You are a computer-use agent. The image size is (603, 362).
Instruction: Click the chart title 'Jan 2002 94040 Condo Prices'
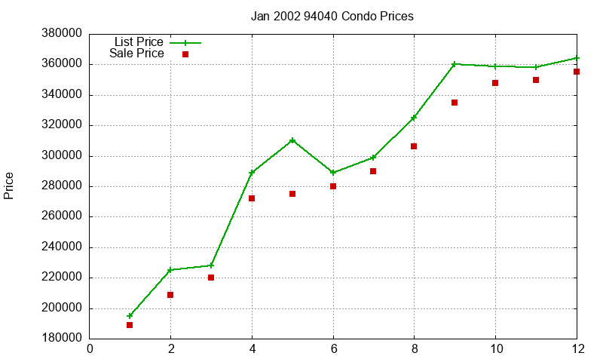click(x=332, y=16)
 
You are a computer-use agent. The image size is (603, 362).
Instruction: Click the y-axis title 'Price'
click(x=9, y=186)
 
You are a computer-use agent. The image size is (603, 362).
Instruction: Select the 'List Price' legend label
click(x=139, y=42)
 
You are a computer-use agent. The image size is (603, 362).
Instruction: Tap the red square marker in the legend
click(x=185, y=54)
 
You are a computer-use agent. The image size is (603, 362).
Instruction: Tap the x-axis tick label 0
click(x=90, y=349)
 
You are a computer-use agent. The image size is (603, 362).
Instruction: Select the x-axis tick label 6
click(x=333, y=349)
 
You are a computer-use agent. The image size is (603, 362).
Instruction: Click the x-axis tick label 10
click(x=495, y=349)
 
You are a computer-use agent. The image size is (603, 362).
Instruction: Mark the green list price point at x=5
click(x=292, y=140)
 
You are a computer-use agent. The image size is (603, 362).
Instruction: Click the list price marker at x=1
click(x=130, y=316)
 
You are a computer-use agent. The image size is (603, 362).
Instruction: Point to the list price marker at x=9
click(x=455, y=64)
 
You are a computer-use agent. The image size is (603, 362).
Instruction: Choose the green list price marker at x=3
click(x=211, y=265)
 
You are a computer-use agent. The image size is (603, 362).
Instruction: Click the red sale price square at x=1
click(x=130, y=325)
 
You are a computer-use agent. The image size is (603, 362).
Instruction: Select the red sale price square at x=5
click(x=292, y=194)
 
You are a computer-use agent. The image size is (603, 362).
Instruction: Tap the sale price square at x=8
click(x=414, y=146)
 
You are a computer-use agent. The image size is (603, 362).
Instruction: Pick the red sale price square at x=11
click(x=536, y=80)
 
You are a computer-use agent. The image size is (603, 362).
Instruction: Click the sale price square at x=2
click(x=170, y=295)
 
